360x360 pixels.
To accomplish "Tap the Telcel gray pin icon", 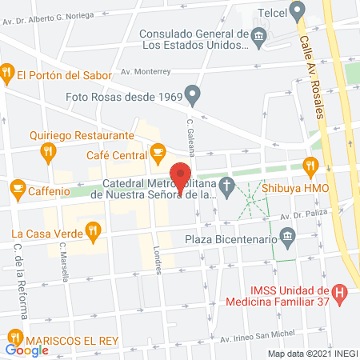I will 298,11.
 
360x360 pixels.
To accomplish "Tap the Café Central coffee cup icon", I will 158,150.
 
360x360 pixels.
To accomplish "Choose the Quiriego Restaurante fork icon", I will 48,150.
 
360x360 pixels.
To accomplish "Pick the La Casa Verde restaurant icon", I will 94,233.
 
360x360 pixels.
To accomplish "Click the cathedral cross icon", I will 227,189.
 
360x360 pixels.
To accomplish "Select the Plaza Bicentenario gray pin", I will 288,238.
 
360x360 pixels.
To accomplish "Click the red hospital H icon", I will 340,294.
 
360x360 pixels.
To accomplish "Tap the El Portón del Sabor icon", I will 7,74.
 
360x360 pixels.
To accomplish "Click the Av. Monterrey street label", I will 147,70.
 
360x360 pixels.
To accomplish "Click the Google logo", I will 26,350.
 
